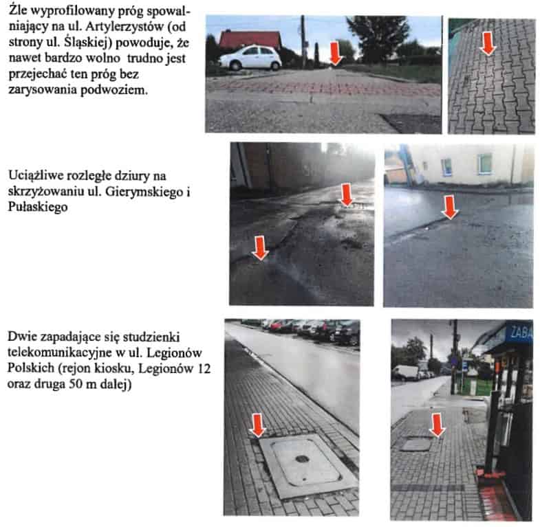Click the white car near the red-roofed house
250,58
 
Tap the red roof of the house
250,39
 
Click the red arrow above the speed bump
336,54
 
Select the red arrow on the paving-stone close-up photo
487,43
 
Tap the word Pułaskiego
38,207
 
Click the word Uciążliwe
35,176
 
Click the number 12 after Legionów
204,368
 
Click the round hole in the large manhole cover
302,458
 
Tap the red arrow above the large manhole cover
258,425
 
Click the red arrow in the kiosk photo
437,425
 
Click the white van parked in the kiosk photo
405,372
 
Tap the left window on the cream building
446,167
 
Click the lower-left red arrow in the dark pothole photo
260,247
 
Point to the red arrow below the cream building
450,207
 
